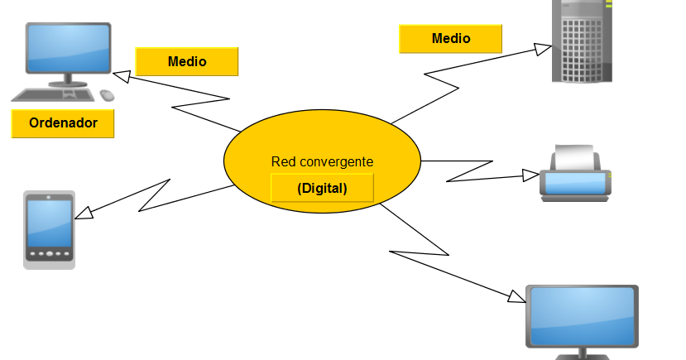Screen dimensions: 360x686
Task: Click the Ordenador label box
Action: pyautogui.click(x=63, y=123)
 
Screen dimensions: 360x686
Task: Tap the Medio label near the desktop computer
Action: pyautogui.click(x=187, y=61)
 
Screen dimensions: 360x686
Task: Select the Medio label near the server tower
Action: pyautogui.click(x=450, y=39)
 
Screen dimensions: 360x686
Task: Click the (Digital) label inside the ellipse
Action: pyautogui.click(x=322, y=189)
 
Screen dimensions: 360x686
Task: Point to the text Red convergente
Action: pyautogui.click(x=322, y=161)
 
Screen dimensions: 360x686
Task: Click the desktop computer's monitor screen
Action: pyautogui.click(x=69, y=49)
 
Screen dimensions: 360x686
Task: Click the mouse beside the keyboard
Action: pyautogui.click(x=107, y=95)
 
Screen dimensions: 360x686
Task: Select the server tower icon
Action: pyautogui.click(x=583, y=41)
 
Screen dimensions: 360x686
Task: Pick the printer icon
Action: pyautogui.click(x=575, y=175)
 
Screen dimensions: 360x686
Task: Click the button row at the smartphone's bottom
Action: pyautogui.click(x=49, y=253)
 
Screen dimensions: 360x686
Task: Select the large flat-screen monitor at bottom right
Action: pyautogui.click(x=583, y=318)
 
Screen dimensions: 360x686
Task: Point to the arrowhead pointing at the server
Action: pyautogui.click(x=543, y=48)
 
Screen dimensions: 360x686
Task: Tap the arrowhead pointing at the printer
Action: pyautogui.click(x=530, y=175)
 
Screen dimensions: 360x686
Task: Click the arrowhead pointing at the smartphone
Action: pyautogui.click(x=84, y=213)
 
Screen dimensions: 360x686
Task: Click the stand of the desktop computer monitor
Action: pyautogui.click(x=70, y=81)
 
